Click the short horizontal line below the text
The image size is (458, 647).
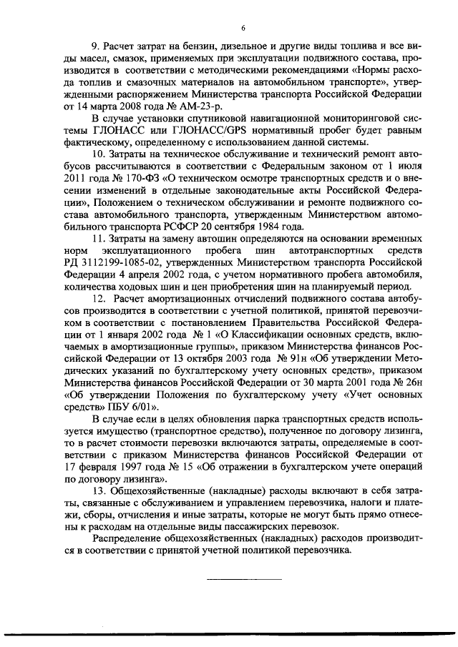(244, 578)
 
